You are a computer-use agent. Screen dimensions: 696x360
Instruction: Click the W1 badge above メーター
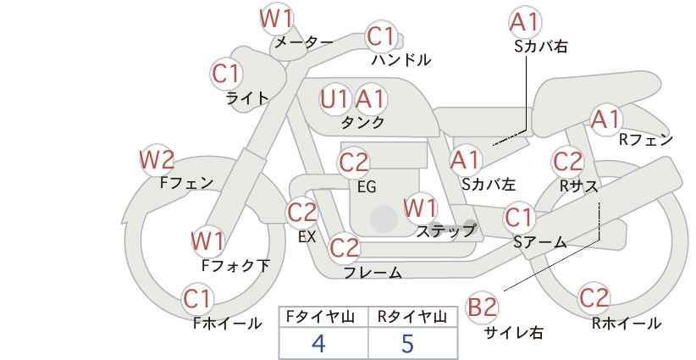tap(277, 19)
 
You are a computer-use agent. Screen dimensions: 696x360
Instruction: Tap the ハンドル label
tap(400, 59)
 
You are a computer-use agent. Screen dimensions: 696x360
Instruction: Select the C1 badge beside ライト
tap(226, 74)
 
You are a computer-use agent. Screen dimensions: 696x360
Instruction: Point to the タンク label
tap(362, 122)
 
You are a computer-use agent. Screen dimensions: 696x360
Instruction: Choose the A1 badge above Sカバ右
tap(525, 22)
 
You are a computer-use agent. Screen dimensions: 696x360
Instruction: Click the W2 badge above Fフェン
tap(157, 160)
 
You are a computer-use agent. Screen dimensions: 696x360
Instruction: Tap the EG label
tap(367, 186)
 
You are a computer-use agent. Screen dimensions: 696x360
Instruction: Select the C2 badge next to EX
tap(302, 212)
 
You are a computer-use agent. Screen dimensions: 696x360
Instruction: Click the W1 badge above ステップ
tap(420, 208)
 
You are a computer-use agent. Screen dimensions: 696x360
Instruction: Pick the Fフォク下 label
tap(235, 265)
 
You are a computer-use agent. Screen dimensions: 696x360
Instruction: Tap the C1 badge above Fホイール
tap(197, 299)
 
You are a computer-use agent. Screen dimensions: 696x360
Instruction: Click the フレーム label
tap(373, 272)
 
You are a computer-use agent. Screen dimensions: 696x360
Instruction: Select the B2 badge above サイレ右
tap(483, 307)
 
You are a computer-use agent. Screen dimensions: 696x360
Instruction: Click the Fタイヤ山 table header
tap(320, 317)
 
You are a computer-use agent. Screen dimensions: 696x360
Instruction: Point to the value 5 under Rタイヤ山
tap(407, 343)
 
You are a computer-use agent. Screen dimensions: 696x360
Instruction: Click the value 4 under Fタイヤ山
tap(318, 343)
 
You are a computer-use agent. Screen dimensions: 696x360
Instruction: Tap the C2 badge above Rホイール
tap(594, 297)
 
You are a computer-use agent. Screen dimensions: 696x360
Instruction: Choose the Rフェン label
tap(646, 140)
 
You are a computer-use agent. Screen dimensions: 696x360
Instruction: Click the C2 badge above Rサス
tap(567, 162)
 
